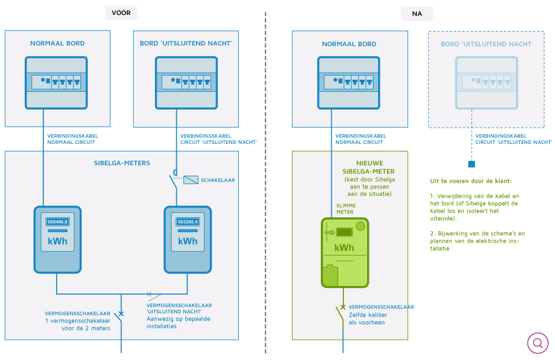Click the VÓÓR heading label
click(x=121, y=13)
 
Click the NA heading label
click(x=417, y=14)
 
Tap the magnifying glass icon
click(x=538, y=343)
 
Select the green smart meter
click(x=345, y=253)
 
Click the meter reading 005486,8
click(x=57, y=222)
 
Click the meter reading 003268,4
click(x=187, y=222)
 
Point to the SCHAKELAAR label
click(x=218, y=180)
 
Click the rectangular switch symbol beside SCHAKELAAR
click(x=190, y=180)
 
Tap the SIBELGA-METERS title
click(x=122, y=163)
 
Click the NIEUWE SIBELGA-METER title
click(x=369, y=167)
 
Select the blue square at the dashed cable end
click(x=472, y=164)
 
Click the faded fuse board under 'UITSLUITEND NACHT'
click(x=486, y=83)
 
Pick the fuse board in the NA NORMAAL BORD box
click(x=349, y=83)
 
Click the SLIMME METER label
click(x=346, y=209)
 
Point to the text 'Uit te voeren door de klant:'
click(x=471, y=181)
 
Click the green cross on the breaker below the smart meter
click(x=343, y=307)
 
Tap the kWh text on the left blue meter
click(x=57, y=241)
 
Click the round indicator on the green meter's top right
click(x=360, y=226)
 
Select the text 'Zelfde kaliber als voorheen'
click(x=368, y=318)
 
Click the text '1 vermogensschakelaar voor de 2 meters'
click(x=77, y=324)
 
